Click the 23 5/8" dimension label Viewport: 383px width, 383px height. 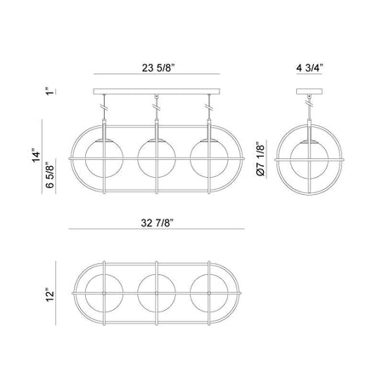[x=158, y=68]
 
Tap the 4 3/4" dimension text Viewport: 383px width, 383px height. [x=310, y=68]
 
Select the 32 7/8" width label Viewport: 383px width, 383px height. [x=157, y=223]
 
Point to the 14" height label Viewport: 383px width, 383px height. [x=37, y=156]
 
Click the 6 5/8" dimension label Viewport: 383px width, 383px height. [x=49, y=175]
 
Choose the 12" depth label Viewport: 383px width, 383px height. [x=50, y=295]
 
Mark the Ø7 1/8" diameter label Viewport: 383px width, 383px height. [x=260, y=159]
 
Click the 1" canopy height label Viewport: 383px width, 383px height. [x=50, y=91]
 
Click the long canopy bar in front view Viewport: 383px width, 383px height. [x=157, y=91]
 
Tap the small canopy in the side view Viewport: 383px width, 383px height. [x=309, y=91]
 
